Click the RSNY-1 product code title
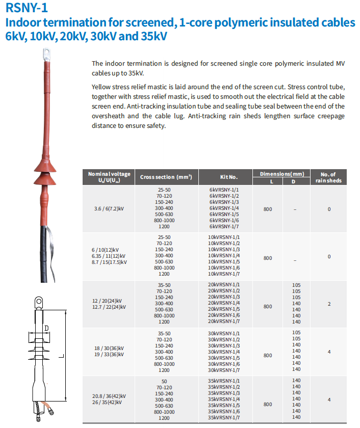click(27, 9)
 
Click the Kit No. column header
click(229, 177)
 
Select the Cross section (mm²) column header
click(166, 177)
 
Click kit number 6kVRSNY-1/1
click(224, 190)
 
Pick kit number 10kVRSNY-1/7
click(224, 274)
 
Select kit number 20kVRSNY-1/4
click(224, 303)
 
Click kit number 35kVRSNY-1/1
click(224, 381)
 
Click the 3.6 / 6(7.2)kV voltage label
click(109, 209)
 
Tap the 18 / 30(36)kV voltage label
click(110, 348)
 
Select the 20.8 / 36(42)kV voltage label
click(109, 396)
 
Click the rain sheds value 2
click(329, 304)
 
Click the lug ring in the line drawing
click(37, 300)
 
